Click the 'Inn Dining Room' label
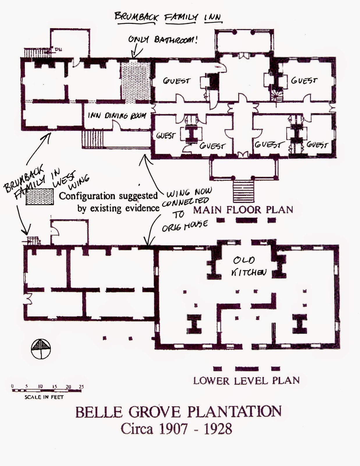point(117,116)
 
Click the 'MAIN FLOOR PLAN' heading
point(243,210)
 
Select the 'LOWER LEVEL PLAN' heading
point(246,380)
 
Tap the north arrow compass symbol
point(41,349)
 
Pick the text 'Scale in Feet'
point(44,397)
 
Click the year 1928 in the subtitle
point(218,429)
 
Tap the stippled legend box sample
point(40,197)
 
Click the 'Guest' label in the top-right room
point(304,80)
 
